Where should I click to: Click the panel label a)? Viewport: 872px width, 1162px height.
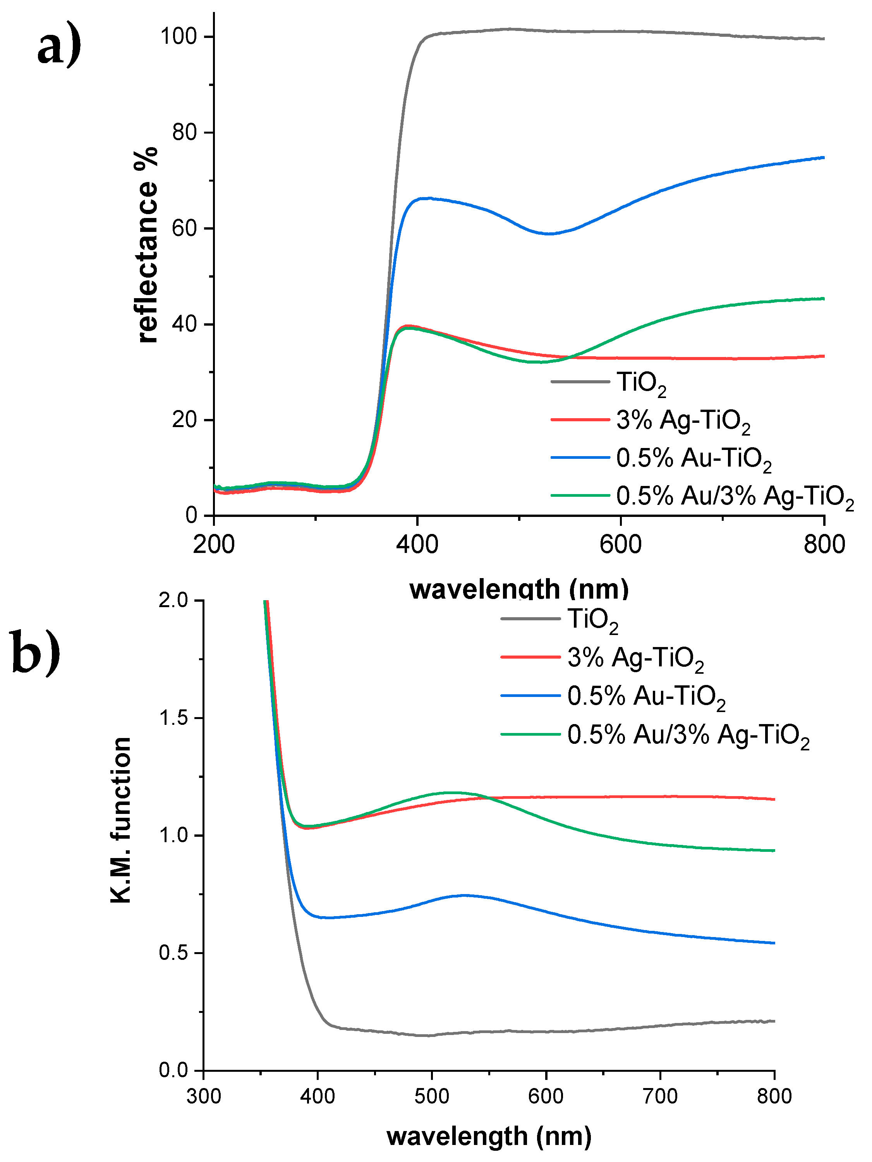59,46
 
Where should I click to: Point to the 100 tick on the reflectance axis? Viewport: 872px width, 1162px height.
179,36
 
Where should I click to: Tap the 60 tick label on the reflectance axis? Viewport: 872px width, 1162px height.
184,228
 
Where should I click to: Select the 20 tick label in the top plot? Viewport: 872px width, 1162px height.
184,420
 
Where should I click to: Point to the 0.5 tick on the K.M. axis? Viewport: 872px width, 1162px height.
174,953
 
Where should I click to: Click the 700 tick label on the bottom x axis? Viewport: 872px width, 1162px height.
660,1096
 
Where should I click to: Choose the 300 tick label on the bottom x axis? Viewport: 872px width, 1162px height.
204,1096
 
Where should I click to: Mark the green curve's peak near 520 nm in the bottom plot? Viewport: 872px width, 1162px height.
451,792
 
